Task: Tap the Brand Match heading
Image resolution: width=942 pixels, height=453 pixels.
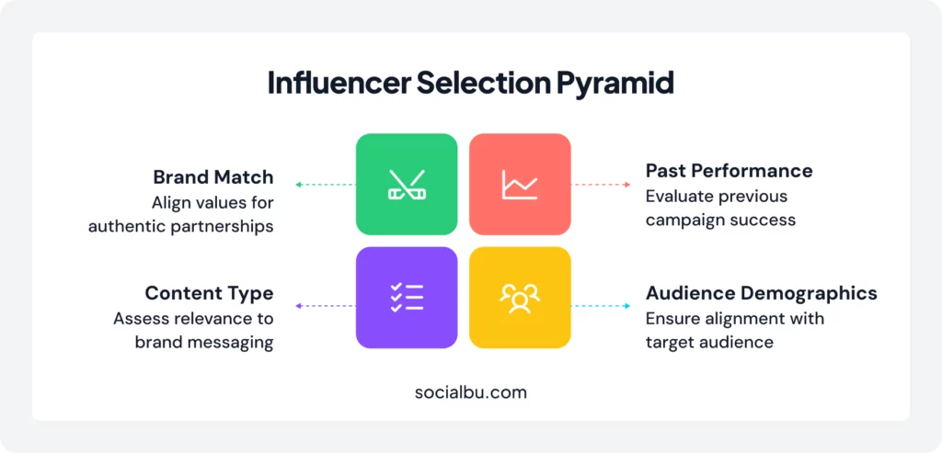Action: pos(213,177)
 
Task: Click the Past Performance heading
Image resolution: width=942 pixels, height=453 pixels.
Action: pos(729,171)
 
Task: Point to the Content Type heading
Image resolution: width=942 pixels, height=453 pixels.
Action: pos(209,293)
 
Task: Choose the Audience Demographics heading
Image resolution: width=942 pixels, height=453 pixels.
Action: pos(761,293)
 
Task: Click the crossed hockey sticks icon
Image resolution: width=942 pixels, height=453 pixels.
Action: pos(407,185)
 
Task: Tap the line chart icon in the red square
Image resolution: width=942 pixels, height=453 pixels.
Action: pos(520,185)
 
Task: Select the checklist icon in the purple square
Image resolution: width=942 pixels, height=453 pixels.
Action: pos(407,298)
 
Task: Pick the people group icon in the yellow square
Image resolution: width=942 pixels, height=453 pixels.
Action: pos(520,298)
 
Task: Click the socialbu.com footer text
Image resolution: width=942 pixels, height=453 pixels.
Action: pos(470,392)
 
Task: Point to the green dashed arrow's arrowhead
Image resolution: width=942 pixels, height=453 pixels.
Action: pos(299,185)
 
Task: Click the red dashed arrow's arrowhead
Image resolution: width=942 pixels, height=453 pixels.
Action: pos(627,185)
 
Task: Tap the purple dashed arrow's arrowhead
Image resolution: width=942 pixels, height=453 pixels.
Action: pos(299,306)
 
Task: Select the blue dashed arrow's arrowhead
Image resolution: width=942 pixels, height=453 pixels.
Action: pos(627,306)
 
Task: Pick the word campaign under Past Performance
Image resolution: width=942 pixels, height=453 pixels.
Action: pos(684,221)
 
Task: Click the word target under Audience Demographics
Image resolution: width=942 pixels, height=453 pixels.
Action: pos(665,343)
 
